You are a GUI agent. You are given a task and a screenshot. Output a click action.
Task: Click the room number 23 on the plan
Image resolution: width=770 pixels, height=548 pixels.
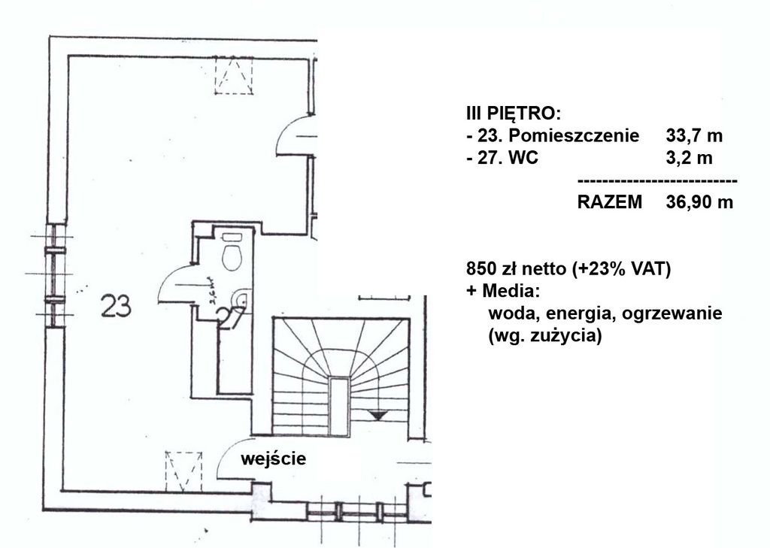click(x=117, y=306)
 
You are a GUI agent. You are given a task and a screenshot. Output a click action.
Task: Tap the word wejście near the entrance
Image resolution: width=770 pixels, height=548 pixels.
click(x=274, y=459)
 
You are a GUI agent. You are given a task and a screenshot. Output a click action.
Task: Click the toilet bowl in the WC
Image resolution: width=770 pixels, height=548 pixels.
click(x=232, y=255)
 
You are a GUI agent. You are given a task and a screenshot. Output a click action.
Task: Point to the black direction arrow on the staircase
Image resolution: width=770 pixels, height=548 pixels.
click(x=376, y=414)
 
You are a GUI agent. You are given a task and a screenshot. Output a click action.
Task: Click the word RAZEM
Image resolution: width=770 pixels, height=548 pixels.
click(x=609, y=202)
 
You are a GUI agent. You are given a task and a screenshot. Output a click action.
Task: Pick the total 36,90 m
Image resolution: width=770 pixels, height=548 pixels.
click(x=699, y=202)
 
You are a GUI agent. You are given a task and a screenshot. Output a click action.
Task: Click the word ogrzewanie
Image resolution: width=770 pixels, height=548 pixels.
click(x=677, y=312)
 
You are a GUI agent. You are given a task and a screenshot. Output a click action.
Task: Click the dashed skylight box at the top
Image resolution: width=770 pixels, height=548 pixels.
click(x=234, y=76)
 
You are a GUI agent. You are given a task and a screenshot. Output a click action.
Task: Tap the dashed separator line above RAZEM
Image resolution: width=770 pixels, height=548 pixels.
click(x=656, y=181)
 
